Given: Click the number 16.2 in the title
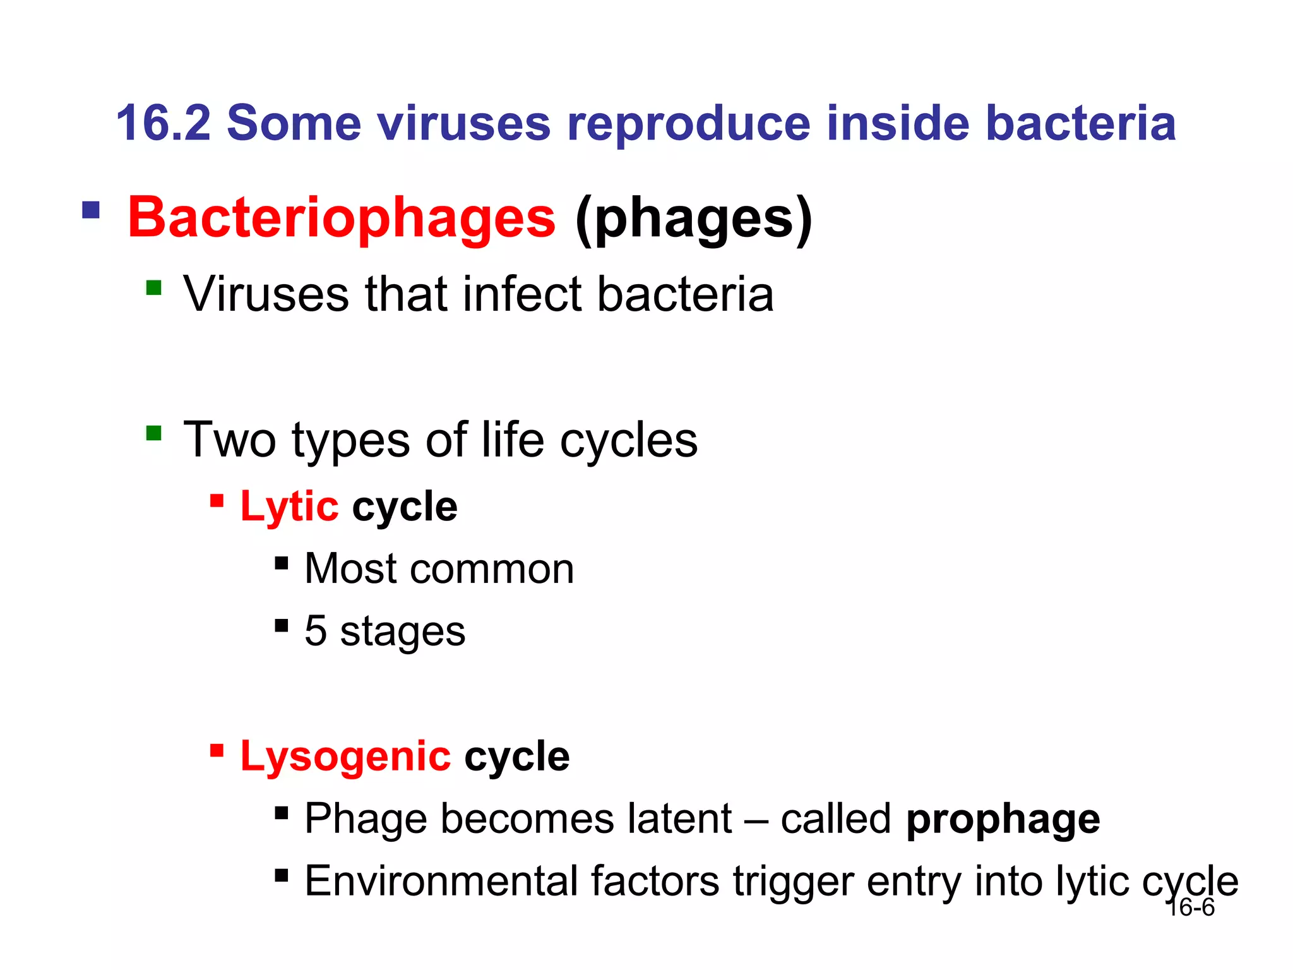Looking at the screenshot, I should click(163, 123).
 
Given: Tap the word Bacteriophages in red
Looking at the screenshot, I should click(342, 218).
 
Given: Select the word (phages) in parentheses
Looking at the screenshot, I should click(693, 218).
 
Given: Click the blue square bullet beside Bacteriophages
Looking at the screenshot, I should click(91, 210).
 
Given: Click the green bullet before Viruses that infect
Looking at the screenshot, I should click(153, 288).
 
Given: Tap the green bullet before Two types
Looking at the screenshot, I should click(153, 433).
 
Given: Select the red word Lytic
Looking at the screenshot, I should click(289, 507).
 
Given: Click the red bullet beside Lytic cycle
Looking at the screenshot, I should click(217, 501).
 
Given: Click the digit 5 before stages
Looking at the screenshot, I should click(315, 631).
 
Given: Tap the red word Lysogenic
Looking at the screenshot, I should click(345, 757).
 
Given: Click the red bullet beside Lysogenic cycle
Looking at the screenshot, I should click(217, 750).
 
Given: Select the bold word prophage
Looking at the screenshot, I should click(1003, 820).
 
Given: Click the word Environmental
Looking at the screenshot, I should click(441, 881).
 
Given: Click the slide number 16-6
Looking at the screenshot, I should click(1191, 908).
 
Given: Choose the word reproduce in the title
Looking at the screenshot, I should click(688, 123).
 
